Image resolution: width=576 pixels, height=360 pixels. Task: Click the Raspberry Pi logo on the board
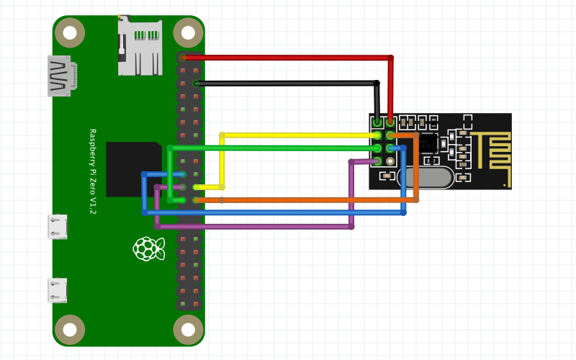(x=148, y=248)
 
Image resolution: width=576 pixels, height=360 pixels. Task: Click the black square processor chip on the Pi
(x=133, y=169)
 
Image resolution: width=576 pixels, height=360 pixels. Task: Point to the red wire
(x=288, y=58)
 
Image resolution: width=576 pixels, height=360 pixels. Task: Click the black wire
(x=288, y=84)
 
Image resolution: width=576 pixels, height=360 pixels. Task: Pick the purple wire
(x=252, y=227)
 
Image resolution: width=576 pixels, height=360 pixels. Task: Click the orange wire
(x=302, y=199)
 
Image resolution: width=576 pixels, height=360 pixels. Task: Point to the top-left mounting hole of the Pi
(x=70, y=32)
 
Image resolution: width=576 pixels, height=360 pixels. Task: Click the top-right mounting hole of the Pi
(x=188, y=32)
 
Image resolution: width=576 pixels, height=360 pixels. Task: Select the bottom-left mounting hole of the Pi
(x=70, y=330)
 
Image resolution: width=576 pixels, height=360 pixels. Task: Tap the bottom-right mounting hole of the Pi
(x=188, y=330)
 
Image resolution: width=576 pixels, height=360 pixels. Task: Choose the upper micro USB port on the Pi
(x=58, y=226)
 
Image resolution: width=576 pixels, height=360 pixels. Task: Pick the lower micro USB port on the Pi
(x=58, y=290)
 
